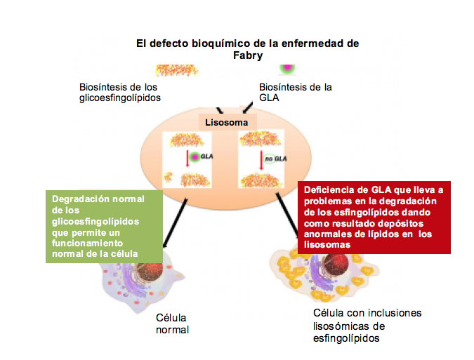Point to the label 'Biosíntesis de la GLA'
tap(295, 92)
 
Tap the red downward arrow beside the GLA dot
tap(187, 159)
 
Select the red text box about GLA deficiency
tap(373, 217)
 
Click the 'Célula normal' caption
tap(172, 324)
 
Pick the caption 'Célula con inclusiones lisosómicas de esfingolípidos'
tap(367, 326)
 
